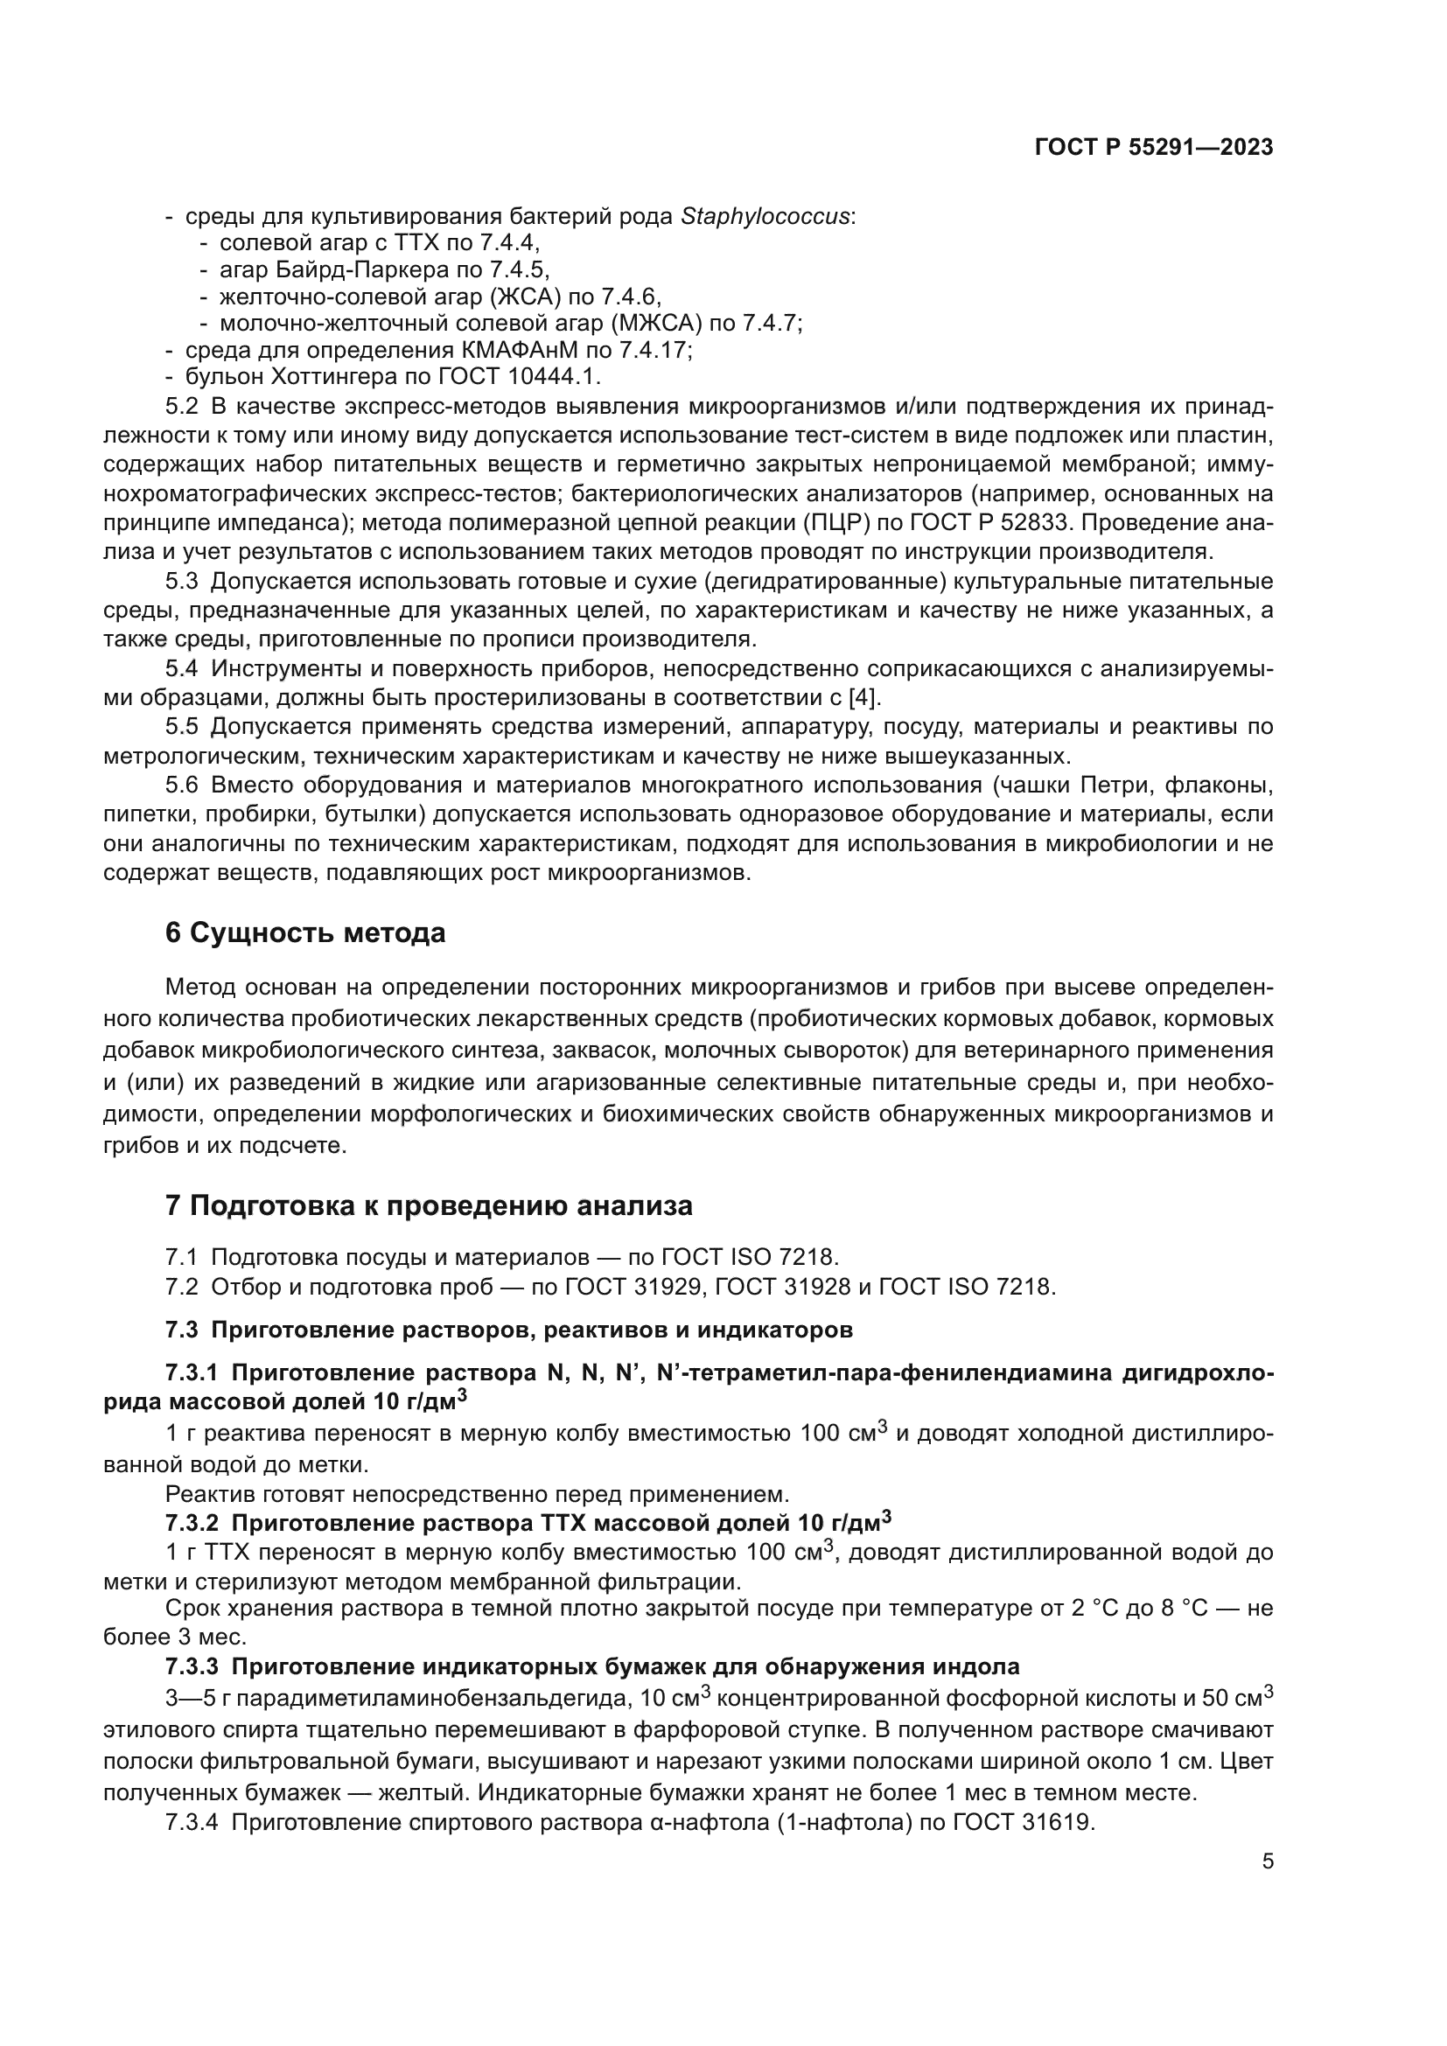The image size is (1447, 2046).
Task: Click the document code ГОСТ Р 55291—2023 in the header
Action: (1153, 147)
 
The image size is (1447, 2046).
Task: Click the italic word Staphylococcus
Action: (765, 217)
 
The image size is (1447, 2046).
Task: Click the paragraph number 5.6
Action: (182, 785)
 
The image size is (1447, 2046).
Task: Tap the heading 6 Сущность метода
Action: (304, 933)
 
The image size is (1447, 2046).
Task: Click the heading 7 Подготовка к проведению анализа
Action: (429, 1205)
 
